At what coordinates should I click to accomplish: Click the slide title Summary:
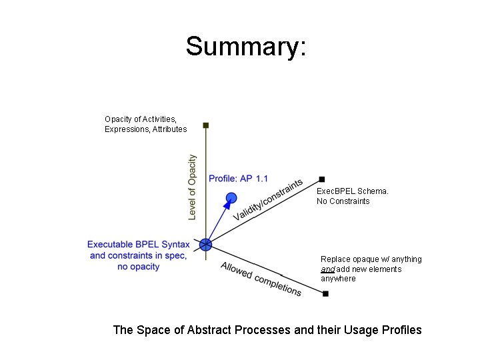(246, 47)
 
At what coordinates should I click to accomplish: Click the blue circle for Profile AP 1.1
(231, 197)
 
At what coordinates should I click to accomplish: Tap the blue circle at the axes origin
(206, 245)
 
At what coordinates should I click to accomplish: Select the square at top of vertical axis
(206, 125)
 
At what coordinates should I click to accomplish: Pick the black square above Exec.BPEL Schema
(322, 179)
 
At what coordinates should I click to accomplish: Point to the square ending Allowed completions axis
(325, 294)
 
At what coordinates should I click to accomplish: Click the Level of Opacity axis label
(192, 187)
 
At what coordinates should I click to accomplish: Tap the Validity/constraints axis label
(268, 199)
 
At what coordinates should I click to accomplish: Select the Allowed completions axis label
(261, 279)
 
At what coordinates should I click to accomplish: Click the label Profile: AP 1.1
(238, 179)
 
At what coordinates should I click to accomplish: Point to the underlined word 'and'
(327, 269)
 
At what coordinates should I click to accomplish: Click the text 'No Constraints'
(343, 201)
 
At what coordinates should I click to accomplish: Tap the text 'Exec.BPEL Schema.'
(352, 191)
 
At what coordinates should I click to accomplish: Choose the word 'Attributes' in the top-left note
(169, 129)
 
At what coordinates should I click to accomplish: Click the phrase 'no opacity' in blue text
(138, 267)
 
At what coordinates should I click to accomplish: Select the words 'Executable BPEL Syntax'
(139, 245)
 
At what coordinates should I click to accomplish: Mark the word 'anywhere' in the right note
(338, 279)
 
